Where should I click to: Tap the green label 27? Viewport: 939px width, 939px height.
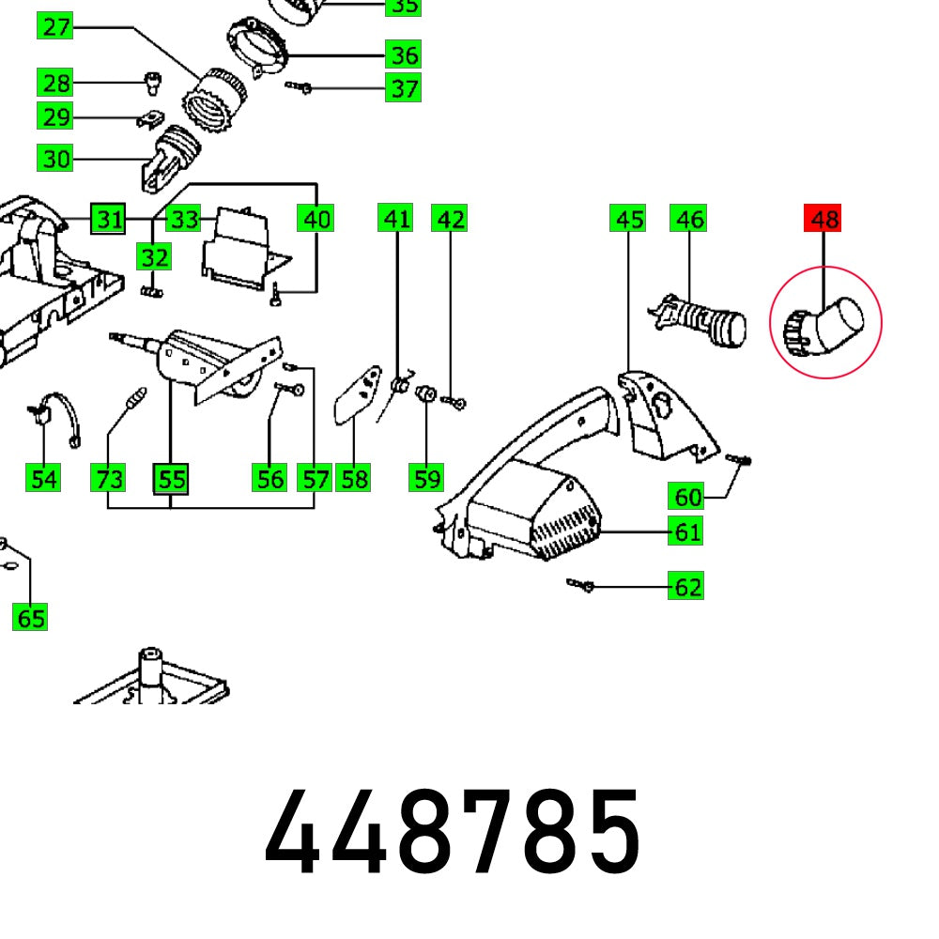tap(56, 26)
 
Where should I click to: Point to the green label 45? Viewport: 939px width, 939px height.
tap(627, 219)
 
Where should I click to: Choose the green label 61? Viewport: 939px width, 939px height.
tap(687, 531)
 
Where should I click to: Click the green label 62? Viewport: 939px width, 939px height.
tap(687, 587)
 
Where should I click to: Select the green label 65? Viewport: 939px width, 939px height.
tap(30, 618)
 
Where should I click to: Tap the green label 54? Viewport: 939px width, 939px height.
tap(43, 479)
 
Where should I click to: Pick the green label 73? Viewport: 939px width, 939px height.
tap(109, 479)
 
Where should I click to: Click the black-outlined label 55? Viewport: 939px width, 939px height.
tap(171, 479)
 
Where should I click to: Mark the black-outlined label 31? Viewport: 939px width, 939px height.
tap(109, 220)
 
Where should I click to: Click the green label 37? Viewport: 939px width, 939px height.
tap(404, 88)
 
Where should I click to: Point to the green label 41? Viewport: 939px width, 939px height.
tap(396, 219)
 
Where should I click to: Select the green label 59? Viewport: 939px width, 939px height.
tap(427, 479)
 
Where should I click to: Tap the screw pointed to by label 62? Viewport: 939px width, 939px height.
tap(579, 586)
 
